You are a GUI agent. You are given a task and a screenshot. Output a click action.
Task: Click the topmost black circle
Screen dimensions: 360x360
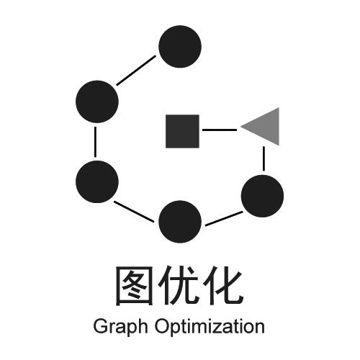pos(180,47)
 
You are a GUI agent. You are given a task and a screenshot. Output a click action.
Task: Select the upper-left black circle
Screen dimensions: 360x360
pos(97,102)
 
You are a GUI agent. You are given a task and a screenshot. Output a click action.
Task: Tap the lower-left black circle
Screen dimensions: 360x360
pos(97,181)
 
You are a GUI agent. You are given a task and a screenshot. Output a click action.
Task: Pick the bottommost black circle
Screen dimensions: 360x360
pos(180,222)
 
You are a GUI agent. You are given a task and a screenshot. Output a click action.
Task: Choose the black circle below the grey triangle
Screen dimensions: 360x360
pos(262,196)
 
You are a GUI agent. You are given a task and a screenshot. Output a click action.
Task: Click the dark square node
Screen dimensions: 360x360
pos(182,131)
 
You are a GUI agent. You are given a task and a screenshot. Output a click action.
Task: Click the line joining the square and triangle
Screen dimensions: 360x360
pos(220,130)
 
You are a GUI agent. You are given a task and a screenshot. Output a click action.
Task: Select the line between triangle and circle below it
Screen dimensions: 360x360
pos(264,158)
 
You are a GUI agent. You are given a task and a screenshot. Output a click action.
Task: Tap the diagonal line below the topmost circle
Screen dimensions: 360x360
pos(136,71)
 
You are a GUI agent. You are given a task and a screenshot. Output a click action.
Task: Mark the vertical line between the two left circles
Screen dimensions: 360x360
pos(95,142)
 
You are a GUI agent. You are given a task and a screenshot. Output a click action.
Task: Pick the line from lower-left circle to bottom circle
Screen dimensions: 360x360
pos(134,212)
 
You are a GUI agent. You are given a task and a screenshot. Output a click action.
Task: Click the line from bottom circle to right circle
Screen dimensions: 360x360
pos(224,219)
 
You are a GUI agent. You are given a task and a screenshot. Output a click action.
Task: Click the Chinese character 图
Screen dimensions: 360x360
pos(134,286)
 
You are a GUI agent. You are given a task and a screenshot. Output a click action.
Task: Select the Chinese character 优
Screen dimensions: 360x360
pos(179,285)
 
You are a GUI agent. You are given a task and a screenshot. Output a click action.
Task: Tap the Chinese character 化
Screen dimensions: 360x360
pos(224,285)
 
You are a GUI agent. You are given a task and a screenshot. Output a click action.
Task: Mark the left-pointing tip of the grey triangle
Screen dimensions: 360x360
pos(240,127)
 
